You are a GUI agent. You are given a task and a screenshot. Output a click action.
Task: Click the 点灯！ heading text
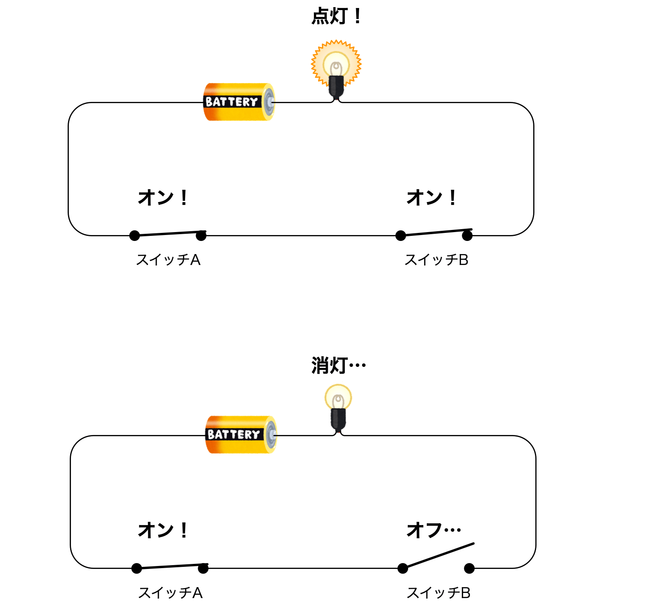point(336,17)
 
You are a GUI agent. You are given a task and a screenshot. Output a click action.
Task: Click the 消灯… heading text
point(338,366)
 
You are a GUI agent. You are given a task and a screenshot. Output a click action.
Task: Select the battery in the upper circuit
point(239,102)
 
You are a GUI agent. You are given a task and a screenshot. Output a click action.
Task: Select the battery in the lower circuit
point(241,435)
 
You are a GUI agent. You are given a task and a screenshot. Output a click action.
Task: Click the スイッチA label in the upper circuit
point(168,260)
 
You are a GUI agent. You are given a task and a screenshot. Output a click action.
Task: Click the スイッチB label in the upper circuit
point(436,260)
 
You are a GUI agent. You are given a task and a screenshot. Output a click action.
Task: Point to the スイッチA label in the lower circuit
point(170,593)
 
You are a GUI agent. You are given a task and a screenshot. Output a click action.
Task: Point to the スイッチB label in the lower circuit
point(439,593)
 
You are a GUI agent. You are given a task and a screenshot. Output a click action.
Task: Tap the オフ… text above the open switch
point(433,530)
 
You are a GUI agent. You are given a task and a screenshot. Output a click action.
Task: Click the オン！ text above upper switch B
point(431,197)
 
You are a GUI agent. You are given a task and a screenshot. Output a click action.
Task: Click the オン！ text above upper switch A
point(163,197)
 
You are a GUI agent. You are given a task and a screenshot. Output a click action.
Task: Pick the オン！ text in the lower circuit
point(163,530)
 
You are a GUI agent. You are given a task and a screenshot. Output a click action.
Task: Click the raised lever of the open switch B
point(439,555)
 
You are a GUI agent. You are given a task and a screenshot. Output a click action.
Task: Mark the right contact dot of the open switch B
point(469,569)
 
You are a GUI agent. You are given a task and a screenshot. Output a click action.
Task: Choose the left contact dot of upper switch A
point(134,235)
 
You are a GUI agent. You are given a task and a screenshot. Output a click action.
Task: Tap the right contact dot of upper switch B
point(467,235)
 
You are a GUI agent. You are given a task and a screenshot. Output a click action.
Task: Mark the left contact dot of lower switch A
point(136,569)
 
